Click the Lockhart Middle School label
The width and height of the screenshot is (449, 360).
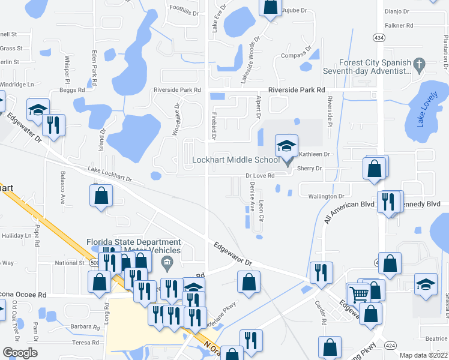click(235, 160)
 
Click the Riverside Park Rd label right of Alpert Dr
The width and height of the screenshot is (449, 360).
click(297, 89)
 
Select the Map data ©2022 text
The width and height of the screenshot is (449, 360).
click(424, 355)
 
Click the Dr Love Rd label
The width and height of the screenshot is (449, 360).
click(259, 176)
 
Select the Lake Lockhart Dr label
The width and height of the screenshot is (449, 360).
click(109, 176)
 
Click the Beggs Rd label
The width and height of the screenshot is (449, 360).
click(71, 90)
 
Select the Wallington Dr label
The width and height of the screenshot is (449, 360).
click(325, 196)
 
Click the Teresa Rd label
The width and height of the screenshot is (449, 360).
click(85, 343)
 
